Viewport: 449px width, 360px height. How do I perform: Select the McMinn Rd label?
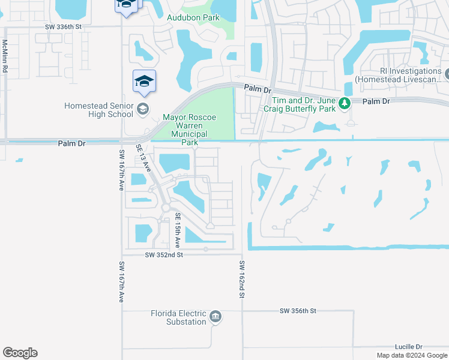click(x=4, y=56)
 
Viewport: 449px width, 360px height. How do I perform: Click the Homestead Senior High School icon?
click(x=142, y=109)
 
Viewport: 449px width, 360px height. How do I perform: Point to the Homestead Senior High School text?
click(x=98, y=110)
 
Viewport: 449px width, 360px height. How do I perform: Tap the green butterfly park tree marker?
click(x=344, y=104)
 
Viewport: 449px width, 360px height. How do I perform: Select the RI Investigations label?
click(x=398, y=75)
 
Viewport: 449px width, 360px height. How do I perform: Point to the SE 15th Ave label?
click(x=178, y=230)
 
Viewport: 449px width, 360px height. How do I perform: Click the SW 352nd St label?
click(x=163, y=255)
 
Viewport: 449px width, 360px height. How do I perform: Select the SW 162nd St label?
click(x=242, y=280)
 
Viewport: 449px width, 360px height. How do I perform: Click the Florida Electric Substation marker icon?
click(x=215, y=317)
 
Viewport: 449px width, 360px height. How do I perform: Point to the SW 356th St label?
click(x=297, y=311)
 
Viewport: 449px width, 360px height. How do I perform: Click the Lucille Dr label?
click(x=409, y=347)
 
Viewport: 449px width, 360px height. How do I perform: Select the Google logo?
click(x=20, y=353)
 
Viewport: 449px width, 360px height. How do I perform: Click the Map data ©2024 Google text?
click(x=411, y=355)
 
